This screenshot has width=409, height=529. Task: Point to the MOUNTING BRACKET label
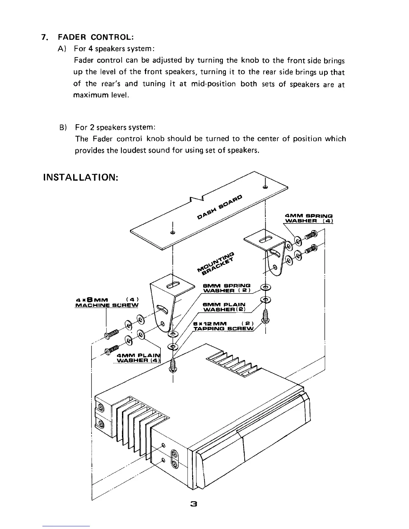(217, 261)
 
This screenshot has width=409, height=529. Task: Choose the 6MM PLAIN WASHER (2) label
(225, 307)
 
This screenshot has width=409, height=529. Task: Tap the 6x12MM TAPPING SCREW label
(224, 326)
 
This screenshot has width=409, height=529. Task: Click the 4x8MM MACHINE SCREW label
(107, 302)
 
